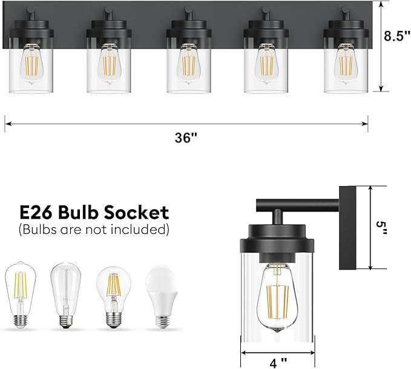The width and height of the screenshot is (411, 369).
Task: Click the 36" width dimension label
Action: pos(186,138)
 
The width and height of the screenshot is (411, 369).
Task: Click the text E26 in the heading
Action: pos(38,213)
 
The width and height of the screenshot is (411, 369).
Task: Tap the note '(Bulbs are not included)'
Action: pos(94,230)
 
